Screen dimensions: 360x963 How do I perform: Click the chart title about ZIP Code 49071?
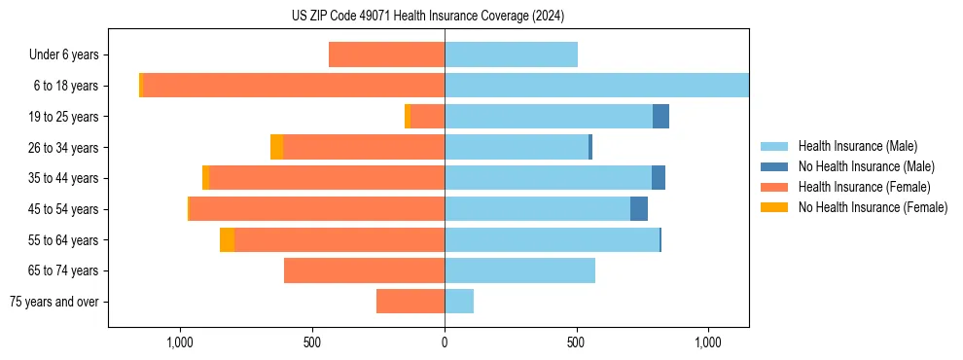tap(428, 16)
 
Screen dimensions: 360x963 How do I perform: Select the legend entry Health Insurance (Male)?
tap(857, 146)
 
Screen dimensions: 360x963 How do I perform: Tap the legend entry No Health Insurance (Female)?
tap(872, 207)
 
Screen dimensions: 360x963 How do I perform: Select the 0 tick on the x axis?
tap(445, 342)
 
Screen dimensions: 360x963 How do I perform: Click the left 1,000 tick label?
tap(180, 342)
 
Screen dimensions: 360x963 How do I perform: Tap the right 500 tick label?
tap(577, 342)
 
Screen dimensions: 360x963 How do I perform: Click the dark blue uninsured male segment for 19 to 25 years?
tap(660, 117)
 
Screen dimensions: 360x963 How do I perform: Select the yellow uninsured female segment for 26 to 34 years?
tap(277, 147)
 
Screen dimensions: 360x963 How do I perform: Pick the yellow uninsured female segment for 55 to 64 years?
tap(227, 240)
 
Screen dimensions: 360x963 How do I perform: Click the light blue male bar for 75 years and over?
tap(459, 302)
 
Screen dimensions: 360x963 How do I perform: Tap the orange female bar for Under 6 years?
tap(386, 54)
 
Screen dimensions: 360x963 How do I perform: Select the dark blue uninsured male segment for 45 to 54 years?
tap(639, 209)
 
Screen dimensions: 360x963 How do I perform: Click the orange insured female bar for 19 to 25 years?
tap(428, 117)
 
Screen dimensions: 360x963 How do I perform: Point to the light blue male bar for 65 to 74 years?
tap(519, 270)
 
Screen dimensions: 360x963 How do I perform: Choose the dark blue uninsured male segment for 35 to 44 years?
tap(659, 178)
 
